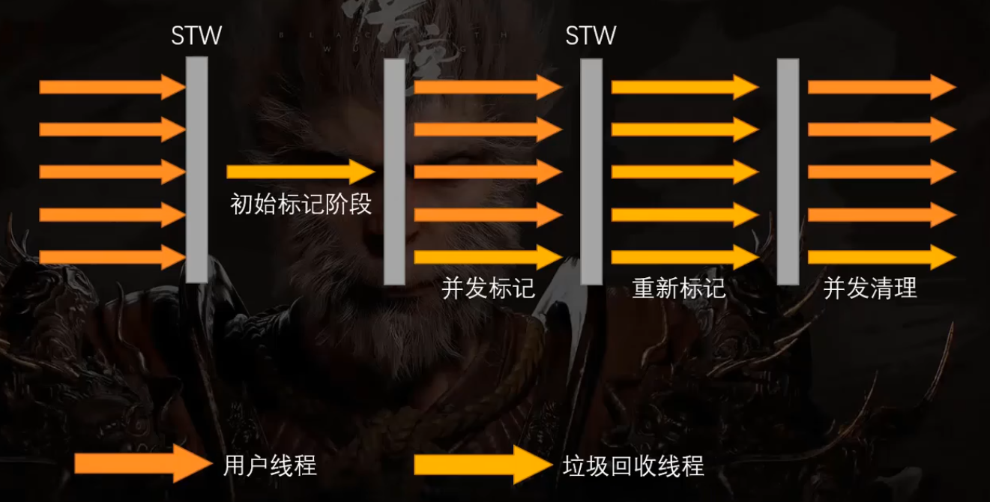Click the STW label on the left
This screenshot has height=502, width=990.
point(197,35)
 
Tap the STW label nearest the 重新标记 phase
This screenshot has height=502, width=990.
point(591,35)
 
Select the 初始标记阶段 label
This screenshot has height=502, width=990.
point(301,204)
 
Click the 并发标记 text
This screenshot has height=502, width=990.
point(489,288)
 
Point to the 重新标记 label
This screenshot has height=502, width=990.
point(679,288)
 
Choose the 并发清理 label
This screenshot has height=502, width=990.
point(870,288)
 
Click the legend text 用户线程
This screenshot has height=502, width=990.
point(270,466)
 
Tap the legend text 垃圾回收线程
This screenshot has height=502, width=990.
point(633,466)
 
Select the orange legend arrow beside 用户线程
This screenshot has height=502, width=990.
point(143,465)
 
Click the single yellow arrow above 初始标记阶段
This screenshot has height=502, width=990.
point(300,172)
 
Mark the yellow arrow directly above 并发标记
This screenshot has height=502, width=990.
point(488,257)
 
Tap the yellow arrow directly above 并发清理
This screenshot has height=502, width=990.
point(881,257)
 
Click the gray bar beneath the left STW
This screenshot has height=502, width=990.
point(197,170)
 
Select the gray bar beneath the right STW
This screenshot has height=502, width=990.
point(591,172)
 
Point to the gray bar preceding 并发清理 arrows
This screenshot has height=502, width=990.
point(788,172)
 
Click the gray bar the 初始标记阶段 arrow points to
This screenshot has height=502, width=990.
point(394,172)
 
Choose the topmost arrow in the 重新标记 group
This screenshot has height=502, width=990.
point(684,88)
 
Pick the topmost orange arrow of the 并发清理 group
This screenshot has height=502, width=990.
point(881,88)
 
